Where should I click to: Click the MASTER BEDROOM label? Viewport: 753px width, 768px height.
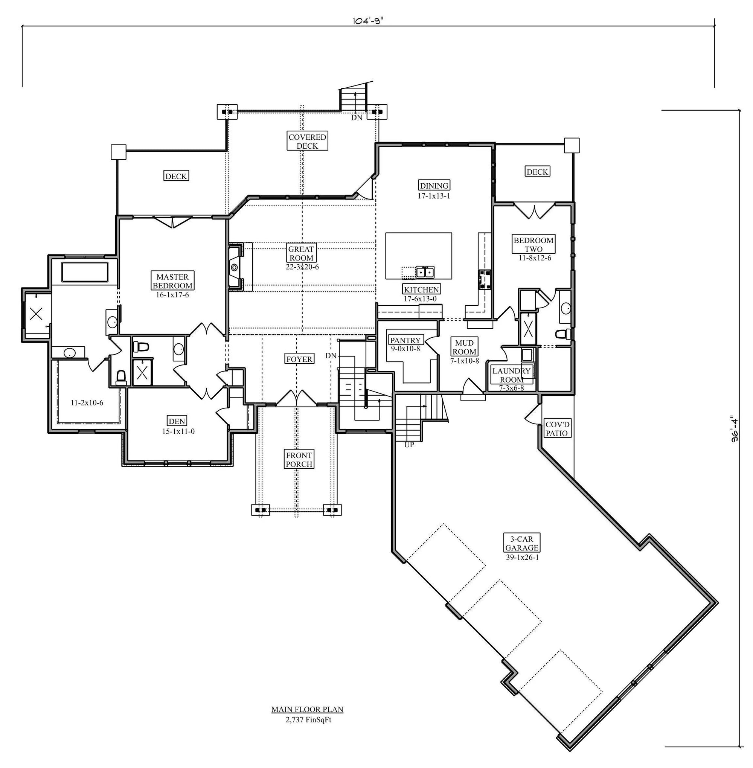(172, 281)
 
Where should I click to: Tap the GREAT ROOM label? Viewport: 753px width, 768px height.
(301, 253)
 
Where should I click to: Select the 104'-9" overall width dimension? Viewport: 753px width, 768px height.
(367, 21)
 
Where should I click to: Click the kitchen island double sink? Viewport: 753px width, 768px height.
(424, 272)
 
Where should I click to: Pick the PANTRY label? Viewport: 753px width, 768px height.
(405, 340)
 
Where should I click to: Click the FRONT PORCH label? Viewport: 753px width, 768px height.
(299, 460)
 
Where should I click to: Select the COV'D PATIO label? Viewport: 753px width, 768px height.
(557, 429)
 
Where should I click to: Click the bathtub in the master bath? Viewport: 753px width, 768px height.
(85, 272)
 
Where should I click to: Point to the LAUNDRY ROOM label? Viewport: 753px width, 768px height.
(511, 375)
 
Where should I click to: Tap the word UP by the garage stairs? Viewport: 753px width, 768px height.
(409, 445)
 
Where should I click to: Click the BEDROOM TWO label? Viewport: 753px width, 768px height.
(534, 244)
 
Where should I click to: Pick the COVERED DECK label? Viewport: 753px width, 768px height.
(307, 141)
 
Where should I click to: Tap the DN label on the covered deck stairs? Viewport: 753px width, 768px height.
(357, 117)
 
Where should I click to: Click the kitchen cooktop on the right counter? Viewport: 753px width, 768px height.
(485, 279)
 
